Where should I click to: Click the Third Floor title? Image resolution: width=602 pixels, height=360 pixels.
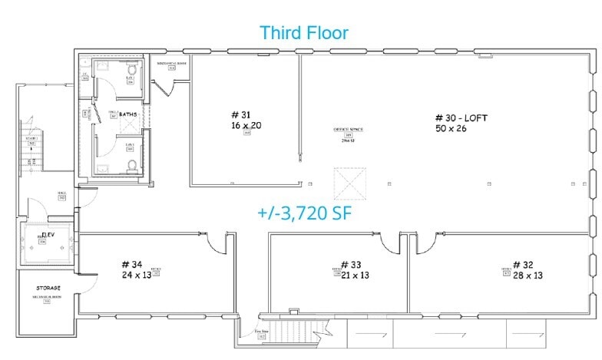(x=303, y=32)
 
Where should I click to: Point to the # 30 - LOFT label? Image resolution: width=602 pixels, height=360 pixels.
(x=461, y=118)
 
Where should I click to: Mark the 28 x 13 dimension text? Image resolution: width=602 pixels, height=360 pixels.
(x=528, y=275)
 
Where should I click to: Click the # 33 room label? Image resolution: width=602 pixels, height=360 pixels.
(x=355, y=265)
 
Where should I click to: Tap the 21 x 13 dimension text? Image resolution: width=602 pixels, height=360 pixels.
(x=355, y=275)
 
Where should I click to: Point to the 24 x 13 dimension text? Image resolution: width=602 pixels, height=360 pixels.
(x=136, y=275)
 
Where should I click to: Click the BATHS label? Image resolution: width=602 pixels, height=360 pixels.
(x=127, y=114)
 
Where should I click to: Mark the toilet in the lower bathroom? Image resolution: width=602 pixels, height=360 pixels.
(x=133, y=165)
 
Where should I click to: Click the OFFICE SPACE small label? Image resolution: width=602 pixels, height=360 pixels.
(x=347, y=129)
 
